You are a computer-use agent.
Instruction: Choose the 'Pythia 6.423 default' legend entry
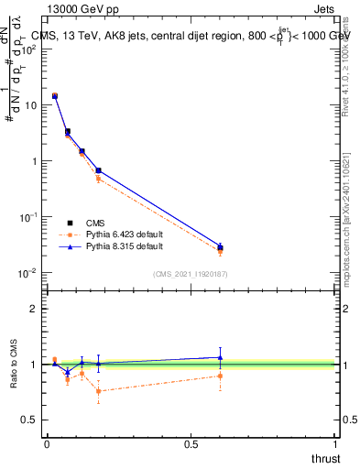tap(124, 235)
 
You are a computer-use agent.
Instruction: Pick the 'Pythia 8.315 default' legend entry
tap(124, 247)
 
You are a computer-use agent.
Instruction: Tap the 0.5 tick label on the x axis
tap(191, 444)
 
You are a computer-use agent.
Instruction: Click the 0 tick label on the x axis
tap(47, 444)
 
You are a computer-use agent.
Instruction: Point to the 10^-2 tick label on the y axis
tap(28, 273)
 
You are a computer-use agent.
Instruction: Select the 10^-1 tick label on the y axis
tap(28, 217)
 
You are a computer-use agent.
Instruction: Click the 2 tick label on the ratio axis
tap(34, 309)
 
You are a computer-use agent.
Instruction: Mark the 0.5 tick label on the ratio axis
tap(30, 420)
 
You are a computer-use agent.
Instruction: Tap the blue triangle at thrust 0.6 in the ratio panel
tap(220, 357)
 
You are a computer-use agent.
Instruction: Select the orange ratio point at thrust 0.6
tap(220, 376)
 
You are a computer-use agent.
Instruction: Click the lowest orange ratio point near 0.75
tap(98, 391)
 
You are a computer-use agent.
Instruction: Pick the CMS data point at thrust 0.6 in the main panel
tap(220, 247)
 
